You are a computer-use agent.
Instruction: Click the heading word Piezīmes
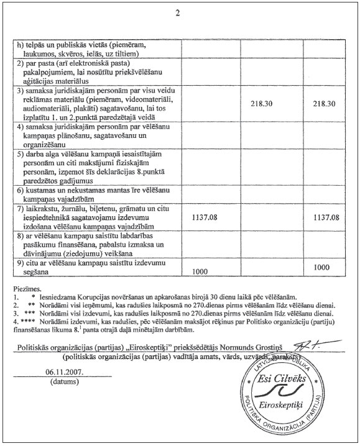coord(29,289)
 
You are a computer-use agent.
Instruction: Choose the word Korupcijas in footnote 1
coord(101,298)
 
